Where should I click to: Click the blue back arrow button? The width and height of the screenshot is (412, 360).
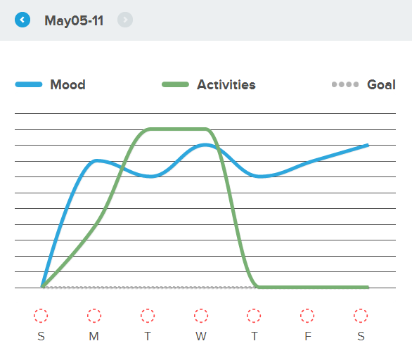(22, 20)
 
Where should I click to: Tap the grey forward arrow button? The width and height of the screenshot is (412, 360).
(125, 20)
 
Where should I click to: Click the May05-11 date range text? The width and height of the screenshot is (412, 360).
(74, 21)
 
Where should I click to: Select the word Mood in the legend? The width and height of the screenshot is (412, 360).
(67, 84)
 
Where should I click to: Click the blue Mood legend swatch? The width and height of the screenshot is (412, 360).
(29, 84)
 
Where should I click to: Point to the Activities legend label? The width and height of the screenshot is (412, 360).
(226, 84)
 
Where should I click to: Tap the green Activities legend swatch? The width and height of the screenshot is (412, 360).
(175, 84)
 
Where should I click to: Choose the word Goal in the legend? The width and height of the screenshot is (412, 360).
(381, 84)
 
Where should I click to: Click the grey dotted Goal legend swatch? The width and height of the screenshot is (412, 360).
(345, 84)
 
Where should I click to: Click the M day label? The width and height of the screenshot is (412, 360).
(94, 336)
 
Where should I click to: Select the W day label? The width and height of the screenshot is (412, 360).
(201, 336)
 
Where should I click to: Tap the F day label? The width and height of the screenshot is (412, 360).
(308, 336)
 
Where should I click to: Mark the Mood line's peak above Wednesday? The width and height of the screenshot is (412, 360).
(205, 145)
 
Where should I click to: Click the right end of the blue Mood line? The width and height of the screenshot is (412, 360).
(368, 145)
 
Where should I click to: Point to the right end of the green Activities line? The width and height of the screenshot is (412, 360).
(368, 287)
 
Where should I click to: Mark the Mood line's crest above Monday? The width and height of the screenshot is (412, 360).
(96, 160)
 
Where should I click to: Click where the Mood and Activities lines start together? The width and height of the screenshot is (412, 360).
(42, 286)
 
